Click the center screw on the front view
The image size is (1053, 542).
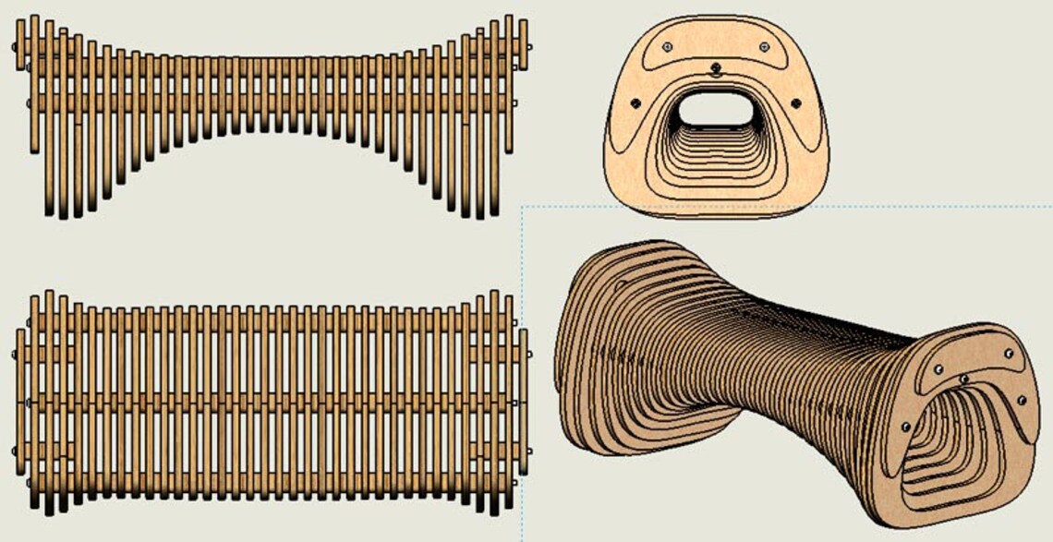pos(716,66)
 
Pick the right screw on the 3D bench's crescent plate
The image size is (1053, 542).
pos(1009,354)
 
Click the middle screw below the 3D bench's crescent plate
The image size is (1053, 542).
pos(964,379)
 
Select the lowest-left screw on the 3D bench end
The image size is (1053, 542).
pos(904,426)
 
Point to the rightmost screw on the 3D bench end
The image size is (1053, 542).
pos(1022,400)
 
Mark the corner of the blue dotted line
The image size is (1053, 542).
pos(522,207)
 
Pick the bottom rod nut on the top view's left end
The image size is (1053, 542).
pos(29,482)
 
